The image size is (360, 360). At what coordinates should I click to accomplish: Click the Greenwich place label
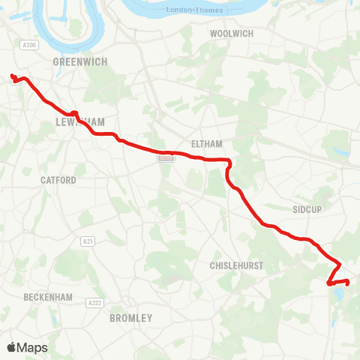point(80,61)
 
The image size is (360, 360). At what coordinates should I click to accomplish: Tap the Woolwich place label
point(232,34)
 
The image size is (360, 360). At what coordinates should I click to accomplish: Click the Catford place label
point(58,181)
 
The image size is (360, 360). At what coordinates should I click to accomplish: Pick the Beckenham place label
point(48,297)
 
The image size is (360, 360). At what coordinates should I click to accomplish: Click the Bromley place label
point(130,318)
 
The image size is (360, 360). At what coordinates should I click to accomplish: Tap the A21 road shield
point(88,241)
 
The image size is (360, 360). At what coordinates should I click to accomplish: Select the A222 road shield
point(94,302)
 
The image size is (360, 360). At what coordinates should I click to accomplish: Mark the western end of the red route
point(12,75)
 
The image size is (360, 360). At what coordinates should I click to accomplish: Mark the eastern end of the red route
point(348,281)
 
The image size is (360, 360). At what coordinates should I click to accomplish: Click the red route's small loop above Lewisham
point(74,114)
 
